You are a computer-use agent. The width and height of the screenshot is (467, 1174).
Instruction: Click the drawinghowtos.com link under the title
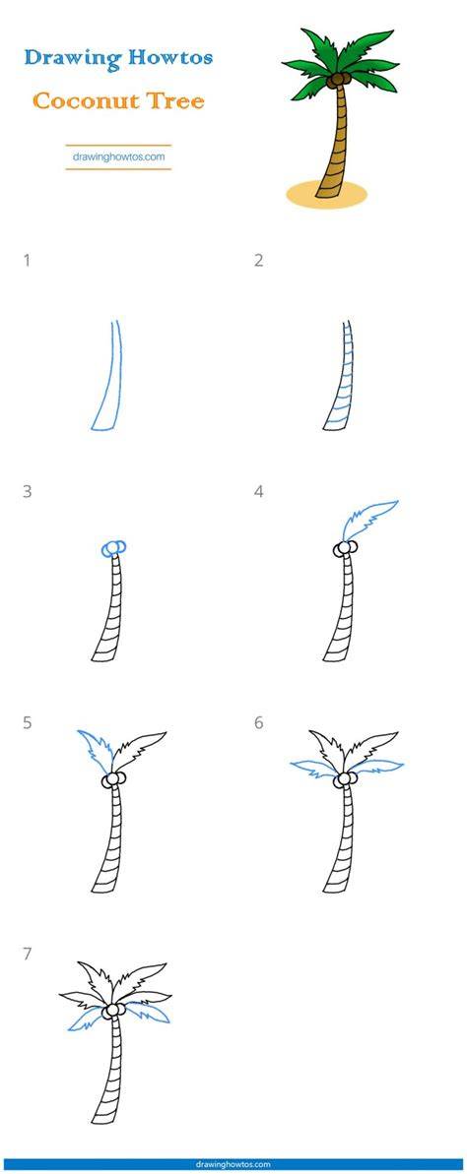(118, 157)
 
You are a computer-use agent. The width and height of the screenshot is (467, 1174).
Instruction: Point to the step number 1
(27, 261)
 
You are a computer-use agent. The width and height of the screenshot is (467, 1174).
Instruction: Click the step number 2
(258, 261)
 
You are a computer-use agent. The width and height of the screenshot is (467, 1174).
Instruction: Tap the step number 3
(27, 492)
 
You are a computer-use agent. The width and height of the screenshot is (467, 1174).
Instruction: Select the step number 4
(258, 492)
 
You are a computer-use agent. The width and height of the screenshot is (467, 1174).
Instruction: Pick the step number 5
(27, 723)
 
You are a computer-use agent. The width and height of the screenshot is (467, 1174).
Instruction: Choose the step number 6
(258, 723)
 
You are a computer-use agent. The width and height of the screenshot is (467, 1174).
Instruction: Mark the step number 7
(27, 955)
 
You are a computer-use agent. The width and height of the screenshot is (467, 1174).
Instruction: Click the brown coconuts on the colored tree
(341, 77)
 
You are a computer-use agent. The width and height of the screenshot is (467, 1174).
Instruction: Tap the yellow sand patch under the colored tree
(327, 193)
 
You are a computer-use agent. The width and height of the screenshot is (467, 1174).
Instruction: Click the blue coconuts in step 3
(113, 549)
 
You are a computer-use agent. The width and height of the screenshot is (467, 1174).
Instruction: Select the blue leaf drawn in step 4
(369, 519)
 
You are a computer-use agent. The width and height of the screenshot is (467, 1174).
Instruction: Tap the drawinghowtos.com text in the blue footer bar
(233, 1165)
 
